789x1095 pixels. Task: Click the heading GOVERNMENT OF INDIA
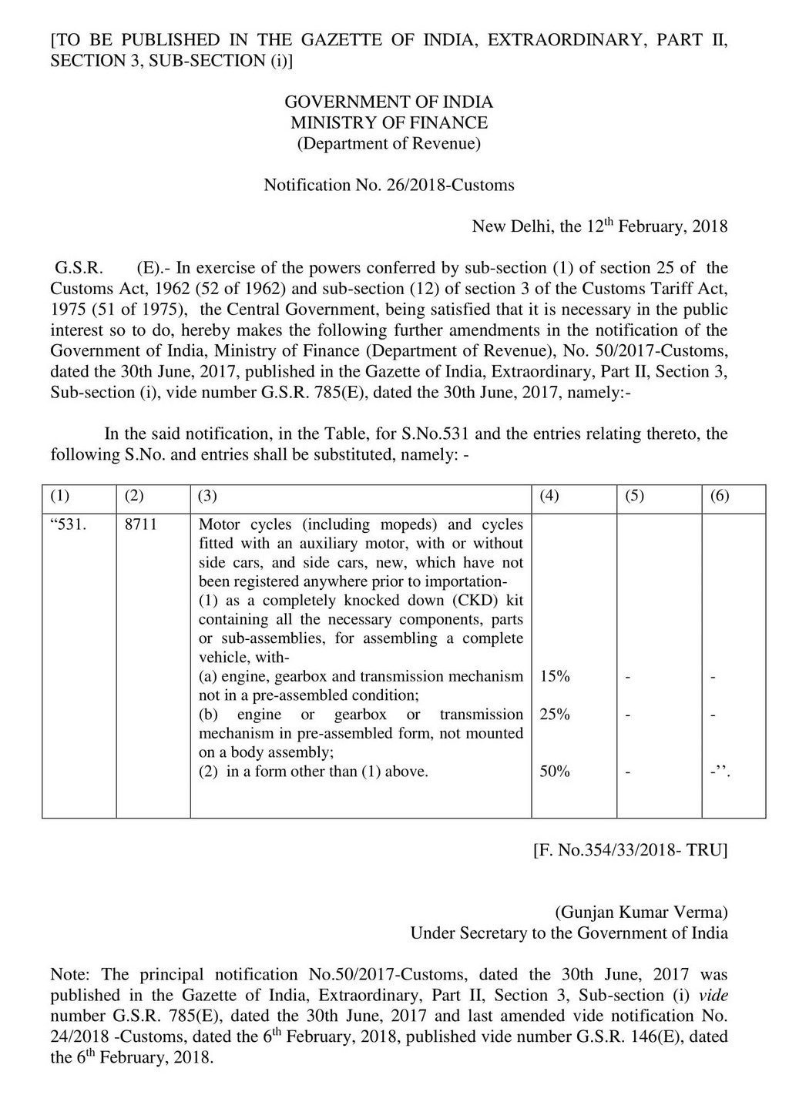coord(388,102)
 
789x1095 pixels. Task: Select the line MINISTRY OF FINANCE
coord(388,123)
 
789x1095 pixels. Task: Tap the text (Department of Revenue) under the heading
coord(388,144)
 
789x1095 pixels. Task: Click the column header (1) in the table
coord(59,497)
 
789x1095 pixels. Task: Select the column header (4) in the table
coord(549,497)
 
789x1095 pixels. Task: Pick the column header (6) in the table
coord(719,497)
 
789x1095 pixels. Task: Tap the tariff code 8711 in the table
coord(140,524)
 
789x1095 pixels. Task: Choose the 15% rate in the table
coord(555,677)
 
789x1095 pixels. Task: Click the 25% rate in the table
coord(555,715)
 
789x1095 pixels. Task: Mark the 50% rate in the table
coord(555,772)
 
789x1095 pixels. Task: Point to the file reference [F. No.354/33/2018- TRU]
coord(630,851)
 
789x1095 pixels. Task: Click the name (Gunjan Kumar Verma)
coord(641,912)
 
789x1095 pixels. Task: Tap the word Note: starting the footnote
coord(72,975)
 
